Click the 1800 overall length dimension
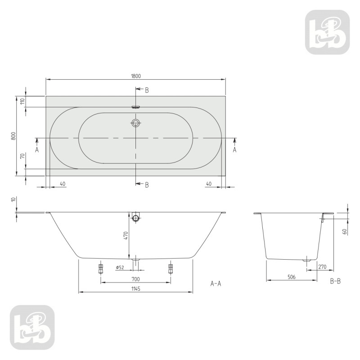click(136, 76)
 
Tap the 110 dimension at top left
click(21, 102)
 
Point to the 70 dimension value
click(21, 157)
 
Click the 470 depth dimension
click(126, 235)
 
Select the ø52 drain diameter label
click(120, 268)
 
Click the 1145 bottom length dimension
click(136, 289)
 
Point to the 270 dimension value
click(322, 267)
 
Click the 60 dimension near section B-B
click(344, 232)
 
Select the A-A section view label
click(216, 283)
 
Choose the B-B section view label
click(335, 281)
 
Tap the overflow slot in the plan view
click(136, 107)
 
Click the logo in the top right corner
click(327, 32)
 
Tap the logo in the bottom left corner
click(32, 327)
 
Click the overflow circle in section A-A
click(136, 219)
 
